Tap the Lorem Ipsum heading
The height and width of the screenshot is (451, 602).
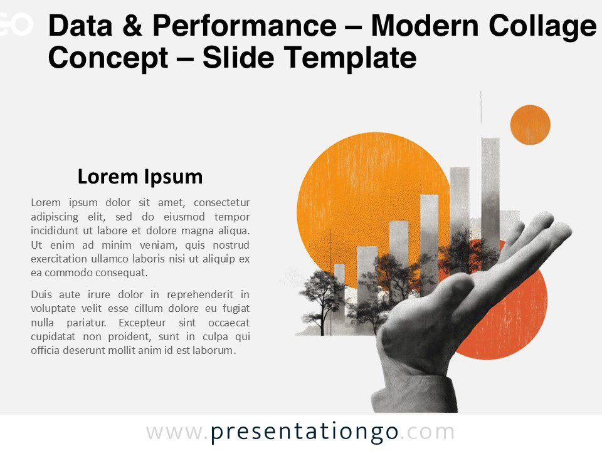[x=140, y=177]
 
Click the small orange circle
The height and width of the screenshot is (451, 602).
[x=530, y=125]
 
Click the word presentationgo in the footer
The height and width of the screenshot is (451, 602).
[x=304, y=432]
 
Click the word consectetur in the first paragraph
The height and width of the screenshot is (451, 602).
[x=222, y=202]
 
